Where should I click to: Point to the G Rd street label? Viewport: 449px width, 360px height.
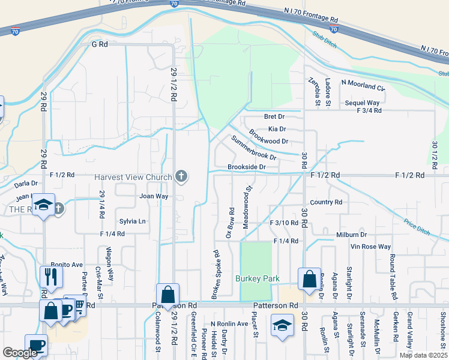pyautogui.click(x=99, y=44)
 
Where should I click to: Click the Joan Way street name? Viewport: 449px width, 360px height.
pyautogui.click(x=154, y=196)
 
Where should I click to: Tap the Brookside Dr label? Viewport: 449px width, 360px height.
pyautogui.click(x=246, y=167)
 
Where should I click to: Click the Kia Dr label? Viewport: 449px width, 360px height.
pyautogui.click(x=277, y=128)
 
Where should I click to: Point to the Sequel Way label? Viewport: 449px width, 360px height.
pyautogui.click(x=362, y=103)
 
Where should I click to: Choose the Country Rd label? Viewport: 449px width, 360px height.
pyautogui.click(x=326, y=203)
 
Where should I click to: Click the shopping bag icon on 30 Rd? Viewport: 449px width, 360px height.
pyautogui.click(x=309, y=279)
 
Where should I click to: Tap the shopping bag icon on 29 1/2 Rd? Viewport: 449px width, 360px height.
pyautogui.click(x=168, y=295)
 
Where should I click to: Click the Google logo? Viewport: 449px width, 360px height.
pyautogui.click(x=20, y=353)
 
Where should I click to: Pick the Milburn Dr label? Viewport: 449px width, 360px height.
pyautogui.click(x=351, y=235)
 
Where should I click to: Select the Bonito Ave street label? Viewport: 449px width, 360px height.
pyautogui.click(x=67, y=265)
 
